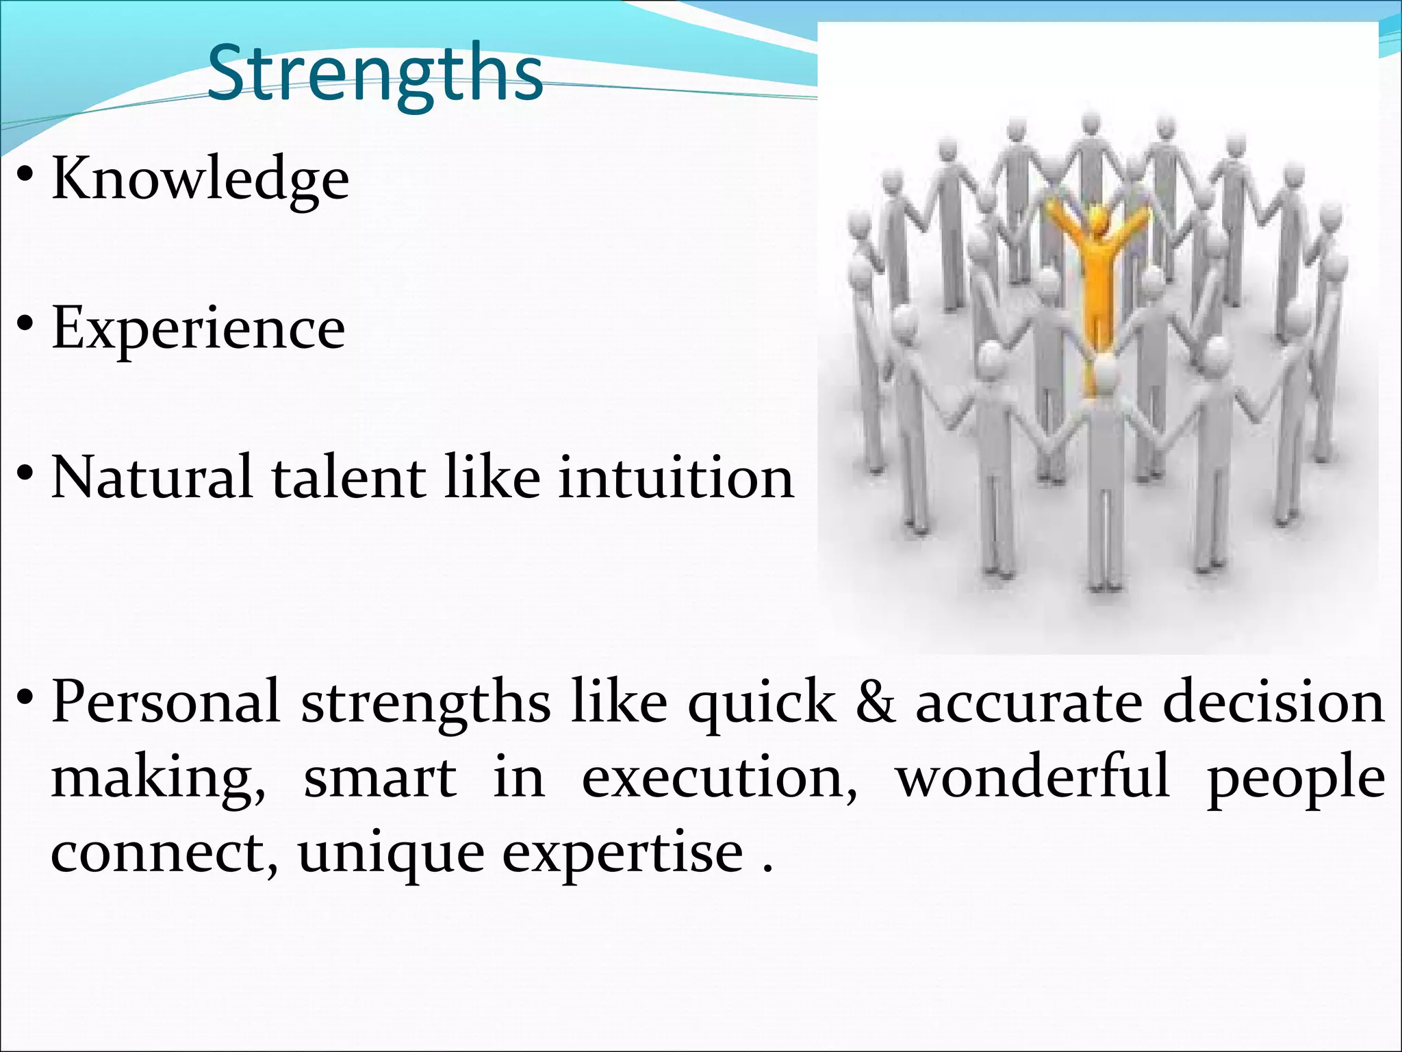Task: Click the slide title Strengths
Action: click(x=375, y=74)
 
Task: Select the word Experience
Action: click(x=199, y=329)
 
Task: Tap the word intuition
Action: click(x=676, y=477)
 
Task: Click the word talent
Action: click(x=348, y=477)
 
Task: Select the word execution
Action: click(x=718, y=779)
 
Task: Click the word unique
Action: click(x=391, y=854)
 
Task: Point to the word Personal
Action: click(x=166, y=702)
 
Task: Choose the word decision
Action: click(x=1273, y=702)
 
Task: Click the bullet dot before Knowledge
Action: click(x=25, y=177)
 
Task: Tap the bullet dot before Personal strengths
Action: click(x=25, y=699)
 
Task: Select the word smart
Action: click(x=380, y=779)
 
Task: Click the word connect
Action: click(x=164, y=854)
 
